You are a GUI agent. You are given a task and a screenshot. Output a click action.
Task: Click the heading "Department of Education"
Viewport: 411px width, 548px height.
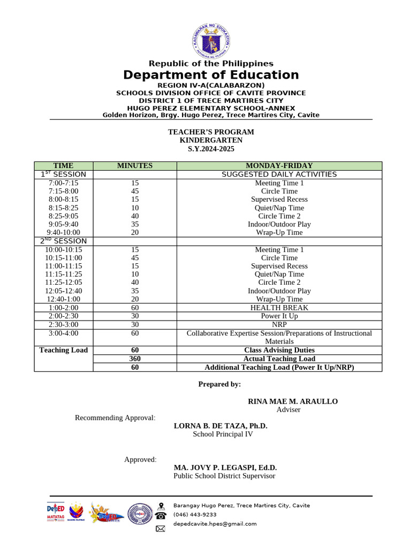pyautogui.click(x=211, y=75)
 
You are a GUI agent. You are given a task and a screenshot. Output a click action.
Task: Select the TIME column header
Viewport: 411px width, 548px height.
pyautogui.click(x=63, y=166)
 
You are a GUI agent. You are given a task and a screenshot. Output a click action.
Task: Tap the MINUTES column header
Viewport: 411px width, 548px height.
pyautogui.click(x=135, y=166)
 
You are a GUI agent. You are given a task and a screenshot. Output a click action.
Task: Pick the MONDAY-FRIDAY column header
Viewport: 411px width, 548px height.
pyautogui.click(x=279, y=166)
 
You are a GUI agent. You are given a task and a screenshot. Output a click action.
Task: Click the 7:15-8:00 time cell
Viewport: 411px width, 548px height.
pyautogui.click(x=63, y=191)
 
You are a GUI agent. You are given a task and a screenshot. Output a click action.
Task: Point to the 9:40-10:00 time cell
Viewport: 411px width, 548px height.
pyautogui.click(x=63, y=232)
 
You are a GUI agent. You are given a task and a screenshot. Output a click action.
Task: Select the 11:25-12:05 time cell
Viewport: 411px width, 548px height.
pyautogui.click(x=63, y=282)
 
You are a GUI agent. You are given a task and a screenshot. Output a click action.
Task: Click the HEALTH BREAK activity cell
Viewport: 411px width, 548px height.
pyautogui.click(x=279, y=308)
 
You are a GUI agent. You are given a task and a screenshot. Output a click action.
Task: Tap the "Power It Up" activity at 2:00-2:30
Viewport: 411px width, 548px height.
pyautogui.click(x=279, y=316)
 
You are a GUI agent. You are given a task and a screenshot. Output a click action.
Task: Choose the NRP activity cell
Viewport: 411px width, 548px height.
pyautogui.click(x=279, y=324)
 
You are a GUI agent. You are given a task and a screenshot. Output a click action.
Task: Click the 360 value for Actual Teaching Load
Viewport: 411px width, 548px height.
pyautogui.click(x=135, y=359)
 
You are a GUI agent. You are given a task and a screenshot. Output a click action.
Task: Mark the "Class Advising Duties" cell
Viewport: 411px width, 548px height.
pyautogui.click(x=279, y=350)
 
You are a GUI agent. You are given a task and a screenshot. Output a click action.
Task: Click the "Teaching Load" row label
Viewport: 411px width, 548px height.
pyautogui.click(x=63, y=350)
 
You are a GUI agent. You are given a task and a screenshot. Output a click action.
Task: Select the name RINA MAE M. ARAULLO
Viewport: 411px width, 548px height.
pyautogui.click(x=293, y=401)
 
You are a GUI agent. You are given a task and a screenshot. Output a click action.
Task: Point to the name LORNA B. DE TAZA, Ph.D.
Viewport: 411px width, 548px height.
pyautogui.click(x=220, y=426)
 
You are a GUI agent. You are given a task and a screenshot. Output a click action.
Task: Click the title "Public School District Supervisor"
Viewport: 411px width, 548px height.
pyautogui.click(x=224, y=476)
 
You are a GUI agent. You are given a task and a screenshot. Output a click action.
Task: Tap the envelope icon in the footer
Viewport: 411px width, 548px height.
pyautogui.click(x=161, y=529)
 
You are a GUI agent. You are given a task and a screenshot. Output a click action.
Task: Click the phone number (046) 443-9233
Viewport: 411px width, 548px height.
pyautogui.click(x=195, y=515)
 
